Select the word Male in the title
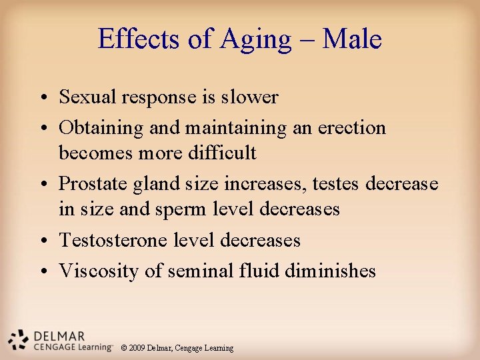pyautogui.click(x=351, y=39)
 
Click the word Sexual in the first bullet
pyautogui.click(x=88, y=97)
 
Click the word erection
pyautogui.click(x=353, y=127)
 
